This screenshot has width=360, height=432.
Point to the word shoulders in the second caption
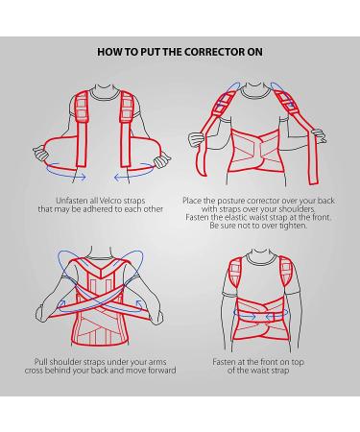pos(297,209)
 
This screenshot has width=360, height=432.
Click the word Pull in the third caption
pos(40,362)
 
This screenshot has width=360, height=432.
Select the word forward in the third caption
pos(161,371)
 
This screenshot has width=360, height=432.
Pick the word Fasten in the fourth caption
pos(223,362)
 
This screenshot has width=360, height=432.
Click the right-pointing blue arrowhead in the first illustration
pos(83,177)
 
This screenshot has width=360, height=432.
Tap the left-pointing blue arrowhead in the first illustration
pos(118,177)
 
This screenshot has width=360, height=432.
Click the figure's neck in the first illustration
pos(104,89)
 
